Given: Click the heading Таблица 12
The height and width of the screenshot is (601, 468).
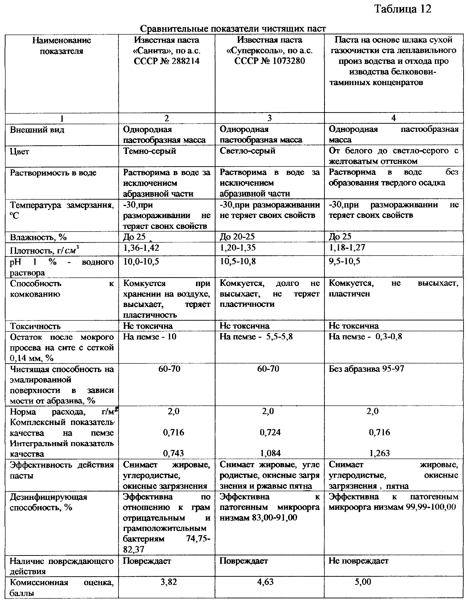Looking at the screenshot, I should [x=403, y=9].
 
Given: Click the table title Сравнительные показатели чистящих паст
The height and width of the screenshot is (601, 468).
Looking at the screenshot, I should [x=233, y=29].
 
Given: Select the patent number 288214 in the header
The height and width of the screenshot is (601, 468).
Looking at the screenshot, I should [x=185, y=61].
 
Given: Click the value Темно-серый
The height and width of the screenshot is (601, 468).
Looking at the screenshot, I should [x=149, y=151].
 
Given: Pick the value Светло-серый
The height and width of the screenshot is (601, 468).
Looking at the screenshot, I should [x=247, y=151].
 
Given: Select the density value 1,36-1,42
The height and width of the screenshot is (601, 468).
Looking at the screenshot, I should [x=141, y=248].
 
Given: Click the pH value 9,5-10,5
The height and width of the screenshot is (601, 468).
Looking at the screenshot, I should [x=344, y=261].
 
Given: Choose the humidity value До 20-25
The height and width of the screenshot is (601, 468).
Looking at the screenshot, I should [x=237, y=236].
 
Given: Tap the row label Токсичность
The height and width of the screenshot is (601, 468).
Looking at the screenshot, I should [x=35, y=326].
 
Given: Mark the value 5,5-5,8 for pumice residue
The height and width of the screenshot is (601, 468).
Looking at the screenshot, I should [x=279, y=337].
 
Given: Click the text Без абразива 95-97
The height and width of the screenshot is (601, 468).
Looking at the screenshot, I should [x=366, y=369].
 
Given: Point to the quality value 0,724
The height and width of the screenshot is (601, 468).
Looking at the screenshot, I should [x=270, y=432].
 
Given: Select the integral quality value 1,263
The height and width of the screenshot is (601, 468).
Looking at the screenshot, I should [x=379, y=453].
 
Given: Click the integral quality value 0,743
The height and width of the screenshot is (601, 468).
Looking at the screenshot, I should [x=173, y=454].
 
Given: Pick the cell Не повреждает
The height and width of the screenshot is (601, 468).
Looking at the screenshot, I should [x=358, y=561].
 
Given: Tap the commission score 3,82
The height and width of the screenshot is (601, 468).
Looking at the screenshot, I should [x=169, y=582].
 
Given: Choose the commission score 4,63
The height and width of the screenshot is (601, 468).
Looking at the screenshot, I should [x=265, y=582].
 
